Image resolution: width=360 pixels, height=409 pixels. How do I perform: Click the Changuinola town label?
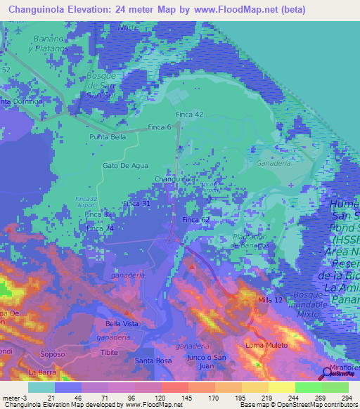coord(174,179)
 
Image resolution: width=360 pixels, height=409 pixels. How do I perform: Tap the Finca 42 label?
coord(189,114)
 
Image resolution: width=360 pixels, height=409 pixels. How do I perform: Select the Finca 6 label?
coord(160,127)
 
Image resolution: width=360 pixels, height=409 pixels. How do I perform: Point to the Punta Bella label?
coord(107,137)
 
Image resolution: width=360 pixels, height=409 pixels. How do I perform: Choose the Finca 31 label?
coord(136,203)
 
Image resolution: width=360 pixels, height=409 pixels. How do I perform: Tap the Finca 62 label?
coord(196,220)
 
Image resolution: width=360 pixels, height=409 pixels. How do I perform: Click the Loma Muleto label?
coord(264,346)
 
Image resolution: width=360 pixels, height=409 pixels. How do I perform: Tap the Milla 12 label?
coord(271,300)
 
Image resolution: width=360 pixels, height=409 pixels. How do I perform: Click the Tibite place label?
coord(108,351)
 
